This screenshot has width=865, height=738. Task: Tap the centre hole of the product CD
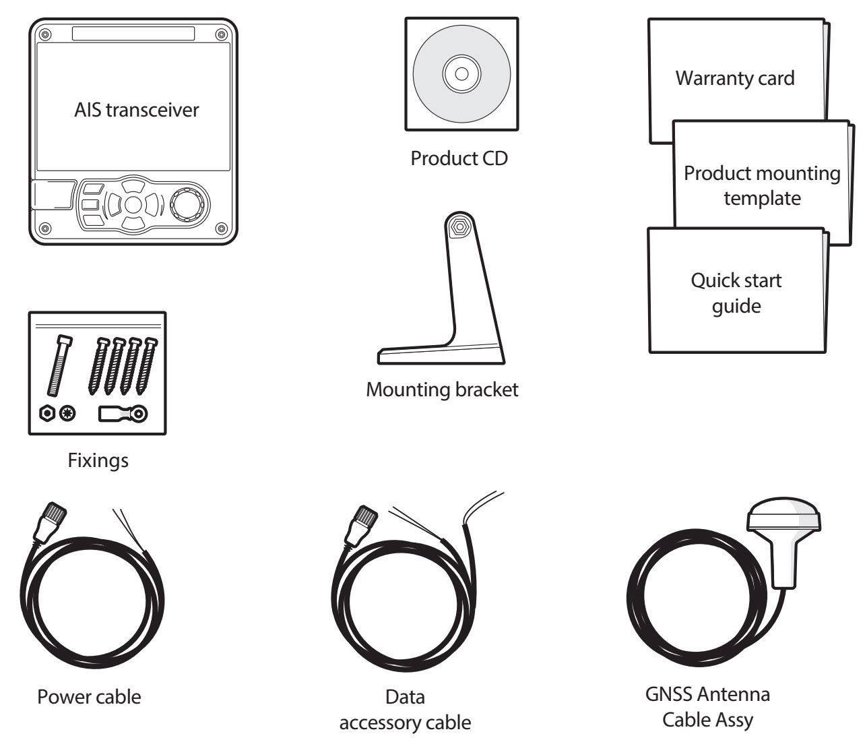pyautogui.click(x=461, y=74)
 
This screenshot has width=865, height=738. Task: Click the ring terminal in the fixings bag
pyautogui.click(x=123, y=414)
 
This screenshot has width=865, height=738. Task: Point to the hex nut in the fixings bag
pyautogui.click(x=47, y=414)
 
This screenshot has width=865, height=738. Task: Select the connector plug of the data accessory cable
pyautogui.click(x=362, y=525)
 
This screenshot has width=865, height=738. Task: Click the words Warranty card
pyautogui.click(x=735, y=78)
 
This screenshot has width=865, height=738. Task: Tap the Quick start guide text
pyautogui.click(x=736, y=293)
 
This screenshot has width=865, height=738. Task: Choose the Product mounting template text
pyautogui.click(x=762, y=185)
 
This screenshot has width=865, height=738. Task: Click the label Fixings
pyautogui.click(x=98, y=461)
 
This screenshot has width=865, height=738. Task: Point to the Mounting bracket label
pyautogui.click(x=443, y=390)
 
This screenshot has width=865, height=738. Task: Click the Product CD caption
pyautogui.click(x=459, y=158)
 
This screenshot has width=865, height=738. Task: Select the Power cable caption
pyautogui.click(x=89, y=697)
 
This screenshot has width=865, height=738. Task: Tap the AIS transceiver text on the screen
pyautogui.click(x=137, y=110)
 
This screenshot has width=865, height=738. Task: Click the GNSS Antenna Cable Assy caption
pyautogui.click(x=707, y=707)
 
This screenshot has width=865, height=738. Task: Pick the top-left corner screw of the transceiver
pyautogui.click(x=45, y=34)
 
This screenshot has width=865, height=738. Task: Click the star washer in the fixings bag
pyautogui.click(x=67, y=414)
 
